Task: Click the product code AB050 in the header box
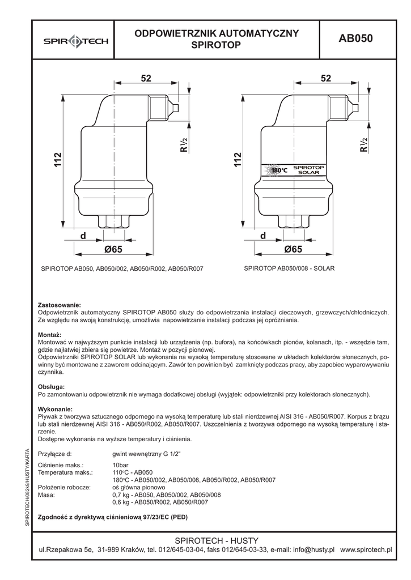pos(355,39)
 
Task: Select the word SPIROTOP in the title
pos(217,44)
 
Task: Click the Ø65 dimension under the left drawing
pos(113,249)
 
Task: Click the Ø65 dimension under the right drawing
pos(293,249)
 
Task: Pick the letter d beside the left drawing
pos(83,235)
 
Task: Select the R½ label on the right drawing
pos(363,146)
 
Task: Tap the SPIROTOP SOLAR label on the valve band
pos(308,170)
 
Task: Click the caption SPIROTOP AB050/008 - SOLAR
pos(289,268)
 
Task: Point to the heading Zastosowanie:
pos(59,305)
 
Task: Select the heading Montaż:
pos(49,335)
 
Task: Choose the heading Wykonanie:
pos(54,409)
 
